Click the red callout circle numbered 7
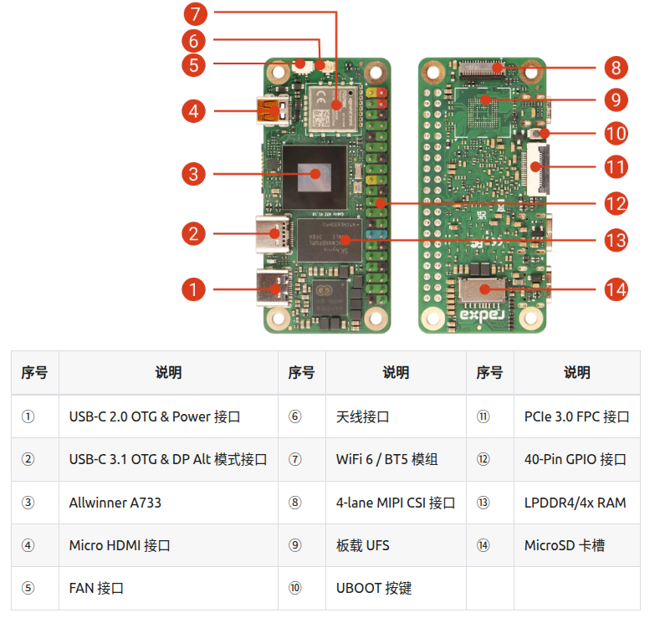click(195, 13)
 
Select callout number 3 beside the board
click(193, 174)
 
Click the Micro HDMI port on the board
click(270, 110)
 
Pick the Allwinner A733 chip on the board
click(315, 174)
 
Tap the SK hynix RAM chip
click(325, 243)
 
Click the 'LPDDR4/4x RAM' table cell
click(575, 503)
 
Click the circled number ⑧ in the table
click(294, 503)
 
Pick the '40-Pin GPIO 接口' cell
click(575, 460)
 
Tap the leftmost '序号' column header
click(34, 373)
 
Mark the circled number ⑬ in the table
click(483, 503)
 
